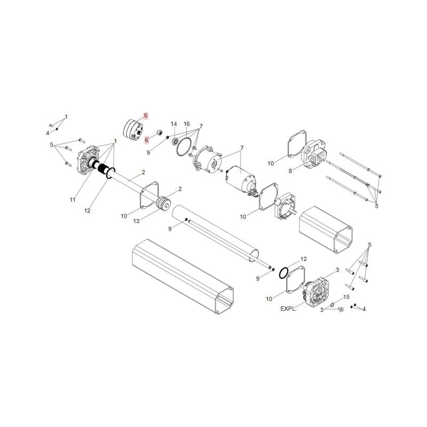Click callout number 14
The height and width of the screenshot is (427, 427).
pos(174,124)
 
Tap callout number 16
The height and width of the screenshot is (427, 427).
pos(186,124)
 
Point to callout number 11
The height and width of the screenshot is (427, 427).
pos(73,200)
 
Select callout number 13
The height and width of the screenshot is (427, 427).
pos(136,221)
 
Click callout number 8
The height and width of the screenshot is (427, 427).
pos(290,171)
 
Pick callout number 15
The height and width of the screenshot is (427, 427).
pos(346,297)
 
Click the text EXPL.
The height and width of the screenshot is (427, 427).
pos(288,309)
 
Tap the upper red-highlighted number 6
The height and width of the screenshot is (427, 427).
pos(146,115)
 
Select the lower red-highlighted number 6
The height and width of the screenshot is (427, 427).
pos(146,140)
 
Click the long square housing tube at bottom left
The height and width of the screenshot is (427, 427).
pos(183,276)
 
